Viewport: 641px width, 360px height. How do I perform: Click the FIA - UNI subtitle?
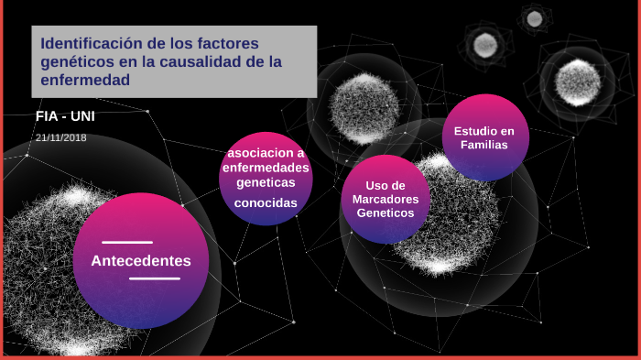(64, 116)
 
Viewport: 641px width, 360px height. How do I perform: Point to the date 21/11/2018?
(61, 137)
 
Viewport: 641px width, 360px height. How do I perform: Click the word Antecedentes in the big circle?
(141, 261)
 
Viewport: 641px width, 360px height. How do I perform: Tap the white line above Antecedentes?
(127, 243)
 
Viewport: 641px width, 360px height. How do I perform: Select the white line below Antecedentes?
(155, 278)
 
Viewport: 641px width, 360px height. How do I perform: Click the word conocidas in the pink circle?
(266, 203)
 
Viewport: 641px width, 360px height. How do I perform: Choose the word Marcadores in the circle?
(386, 199)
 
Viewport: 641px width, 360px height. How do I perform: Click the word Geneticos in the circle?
(386, 213)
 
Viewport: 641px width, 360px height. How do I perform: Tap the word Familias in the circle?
(484, 146)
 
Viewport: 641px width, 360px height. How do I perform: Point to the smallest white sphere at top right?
(533, 18)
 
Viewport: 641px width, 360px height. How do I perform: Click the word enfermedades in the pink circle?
(266, 167)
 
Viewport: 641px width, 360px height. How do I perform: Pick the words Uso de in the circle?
(386, 185)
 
